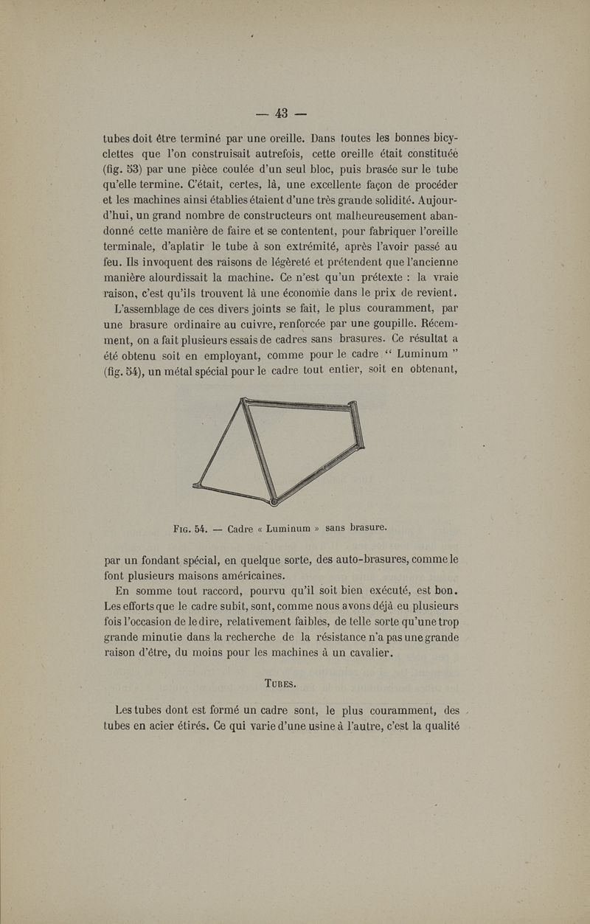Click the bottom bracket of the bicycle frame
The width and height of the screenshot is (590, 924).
[x=274, y=502]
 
